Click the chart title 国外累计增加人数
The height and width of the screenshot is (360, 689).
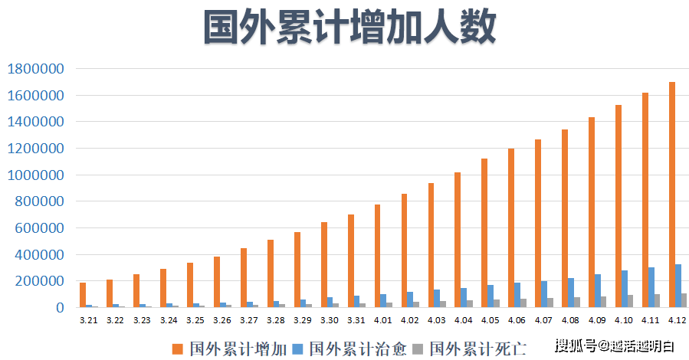[349, 29]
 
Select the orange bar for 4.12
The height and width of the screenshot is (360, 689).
[671, 195]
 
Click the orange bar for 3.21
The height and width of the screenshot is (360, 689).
[82, 295]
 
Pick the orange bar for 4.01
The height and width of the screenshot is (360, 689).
[377, 256]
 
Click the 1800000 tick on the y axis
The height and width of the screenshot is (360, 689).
[35, 69]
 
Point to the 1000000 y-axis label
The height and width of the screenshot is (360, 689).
[35, 175]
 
